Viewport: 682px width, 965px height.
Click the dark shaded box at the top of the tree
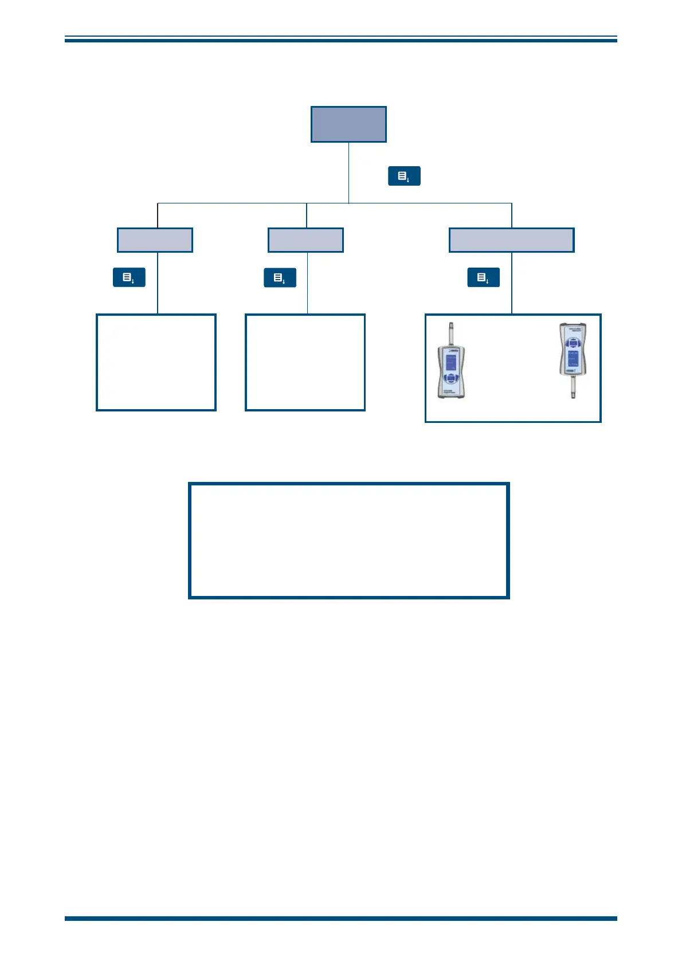(x=348, y=124)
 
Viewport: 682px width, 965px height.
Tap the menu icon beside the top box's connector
(x=404, y=176)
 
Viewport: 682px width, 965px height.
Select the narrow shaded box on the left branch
(x=155, y=240)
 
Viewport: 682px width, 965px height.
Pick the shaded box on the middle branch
(x=305, y=240)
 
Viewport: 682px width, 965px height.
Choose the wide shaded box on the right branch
(x=511, y=240)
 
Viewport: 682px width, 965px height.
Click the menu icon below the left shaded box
(x=129, y=277)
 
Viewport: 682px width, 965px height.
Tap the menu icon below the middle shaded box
(x=280, y=277)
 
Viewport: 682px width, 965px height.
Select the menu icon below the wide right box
(x=483, y=277)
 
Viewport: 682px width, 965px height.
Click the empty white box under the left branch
(x=156, y=362)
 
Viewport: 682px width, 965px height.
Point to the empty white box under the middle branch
(x=305, y=362)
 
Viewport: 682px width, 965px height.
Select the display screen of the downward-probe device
(x=571, y=359)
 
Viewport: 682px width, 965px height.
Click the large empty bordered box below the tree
(x=348, y=540)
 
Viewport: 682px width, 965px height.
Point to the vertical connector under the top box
(x=348, y=172)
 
